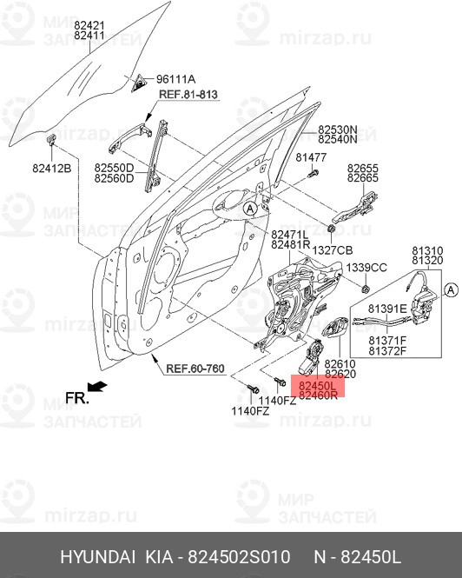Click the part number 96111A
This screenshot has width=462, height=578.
pos(175,79)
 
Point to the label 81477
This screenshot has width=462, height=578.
pos(310,157)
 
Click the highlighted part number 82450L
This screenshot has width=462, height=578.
pos(317,383)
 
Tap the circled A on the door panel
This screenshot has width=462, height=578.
pos(249,209)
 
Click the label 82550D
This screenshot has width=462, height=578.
pos(114,168)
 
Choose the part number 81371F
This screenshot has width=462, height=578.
pos(387,340)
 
